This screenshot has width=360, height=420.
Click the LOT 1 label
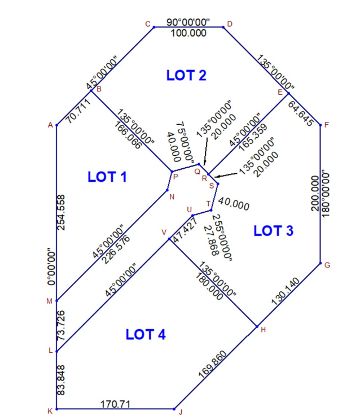point(107,177)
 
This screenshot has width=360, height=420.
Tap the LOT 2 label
point(187,75)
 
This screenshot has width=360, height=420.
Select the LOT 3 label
point(274,230)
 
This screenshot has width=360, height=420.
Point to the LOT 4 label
point(146,334)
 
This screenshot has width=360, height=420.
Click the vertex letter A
point(50,125)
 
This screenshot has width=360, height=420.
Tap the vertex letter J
point(181,412)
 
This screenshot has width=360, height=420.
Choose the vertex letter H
point(264,329)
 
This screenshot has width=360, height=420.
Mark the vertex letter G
point(327,265)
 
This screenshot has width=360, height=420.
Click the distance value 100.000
point(188,33)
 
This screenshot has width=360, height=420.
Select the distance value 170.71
point(117,404)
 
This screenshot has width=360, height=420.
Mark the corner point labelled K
point(56,409)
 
